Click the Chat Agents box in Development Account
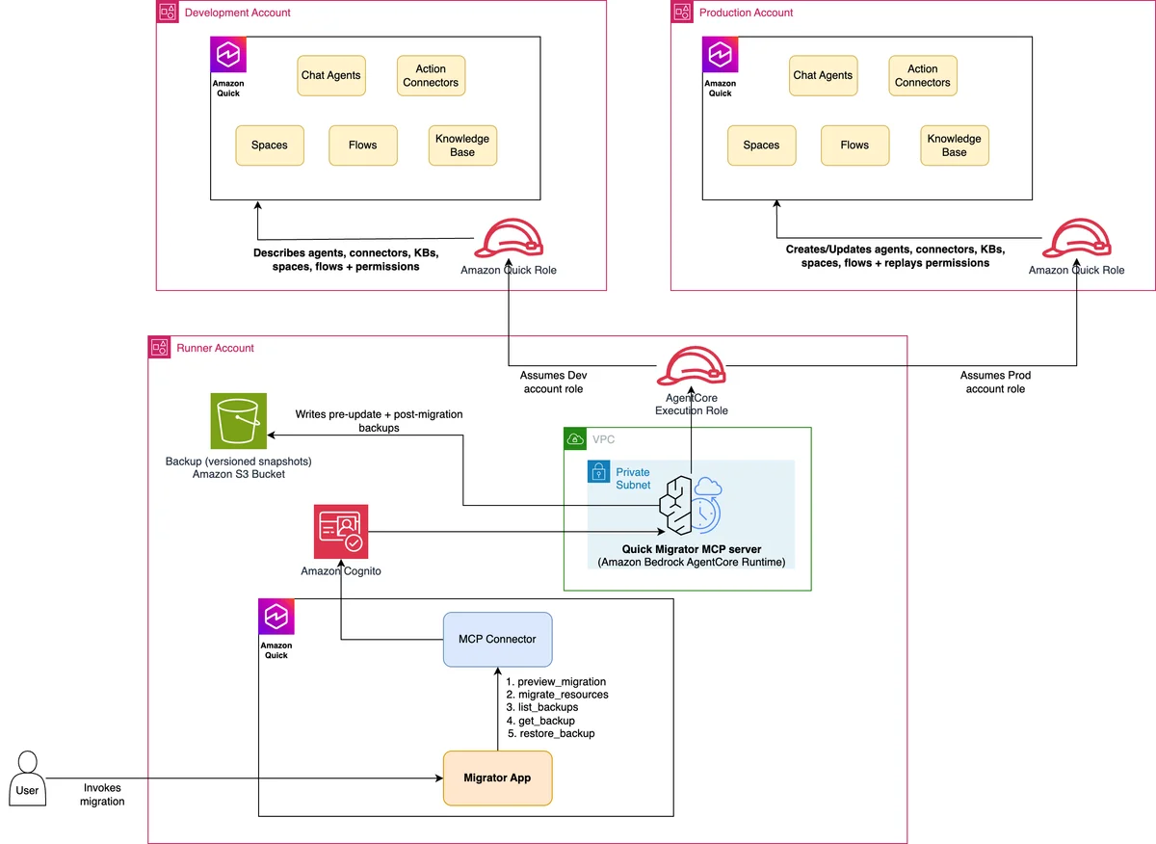point(331,75)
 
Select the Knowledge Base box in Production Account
point(955,145)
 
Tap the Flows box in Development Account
point(363,145)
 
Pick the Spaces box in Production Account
point(761,145)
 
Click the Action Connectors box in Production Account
point(923,75)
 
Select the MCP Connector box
point(497,639)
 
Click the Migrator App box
point(497,778)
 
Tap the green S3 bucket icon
point(239,421)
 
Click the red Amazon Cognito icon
point(341,531)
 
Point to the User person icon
point(27,778)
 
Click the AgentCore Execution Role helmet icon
point(691,365)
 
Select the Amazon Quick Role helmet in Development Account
point(509,238)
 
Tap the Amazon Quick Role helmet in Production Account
point(1077,238)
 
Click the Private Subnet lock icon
point(598,471)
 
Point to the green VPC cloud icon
point(575,438)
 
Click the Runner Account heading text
point(215,348)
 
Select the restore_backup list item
point(551,733)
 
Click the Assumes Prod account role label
point(995,382)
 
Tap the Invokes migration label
point(102,795)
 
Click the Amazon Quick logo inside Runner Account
point(276,617)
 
